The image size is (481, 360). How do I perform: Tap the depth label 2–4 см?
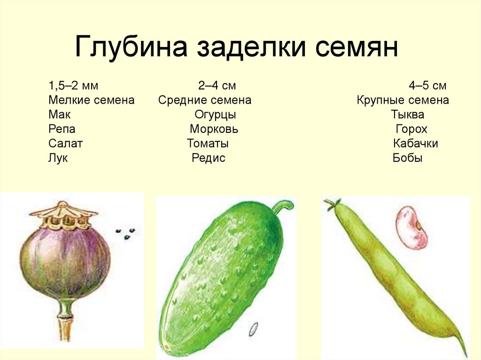click(217, 86)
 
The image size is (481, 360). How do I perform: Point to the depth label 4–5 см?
click(427, 86)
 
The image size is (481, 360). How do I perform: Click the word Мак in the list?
click(59, 115)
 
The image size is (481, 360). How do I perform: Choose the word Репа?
click(62, 129)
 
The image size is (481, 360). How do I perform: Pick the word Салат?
click(65, 144)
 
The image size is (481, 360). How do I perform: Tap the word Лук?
click(58, 158)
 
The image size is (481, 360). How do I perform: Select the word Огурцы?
click(215, 115)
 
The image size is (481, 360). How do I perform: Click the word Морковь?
click(214, 129)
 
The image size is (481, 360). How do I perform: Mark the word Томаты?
click(208, 144)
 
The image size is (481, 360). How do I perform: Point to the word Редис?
click(209, 158)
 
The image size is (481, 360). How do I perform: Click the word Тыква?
click(407, 115)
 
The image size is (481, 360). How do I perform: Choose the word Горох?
click(411, 129)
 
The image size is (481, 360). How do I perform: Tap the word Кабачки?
click(415, 144)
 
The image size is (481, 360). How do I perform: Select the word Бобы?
click(407, 158)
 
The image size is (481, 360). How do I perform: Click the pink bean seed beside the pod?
click(411, 228)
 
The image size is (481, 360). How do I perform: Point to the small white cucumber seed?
click(255, 329)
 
